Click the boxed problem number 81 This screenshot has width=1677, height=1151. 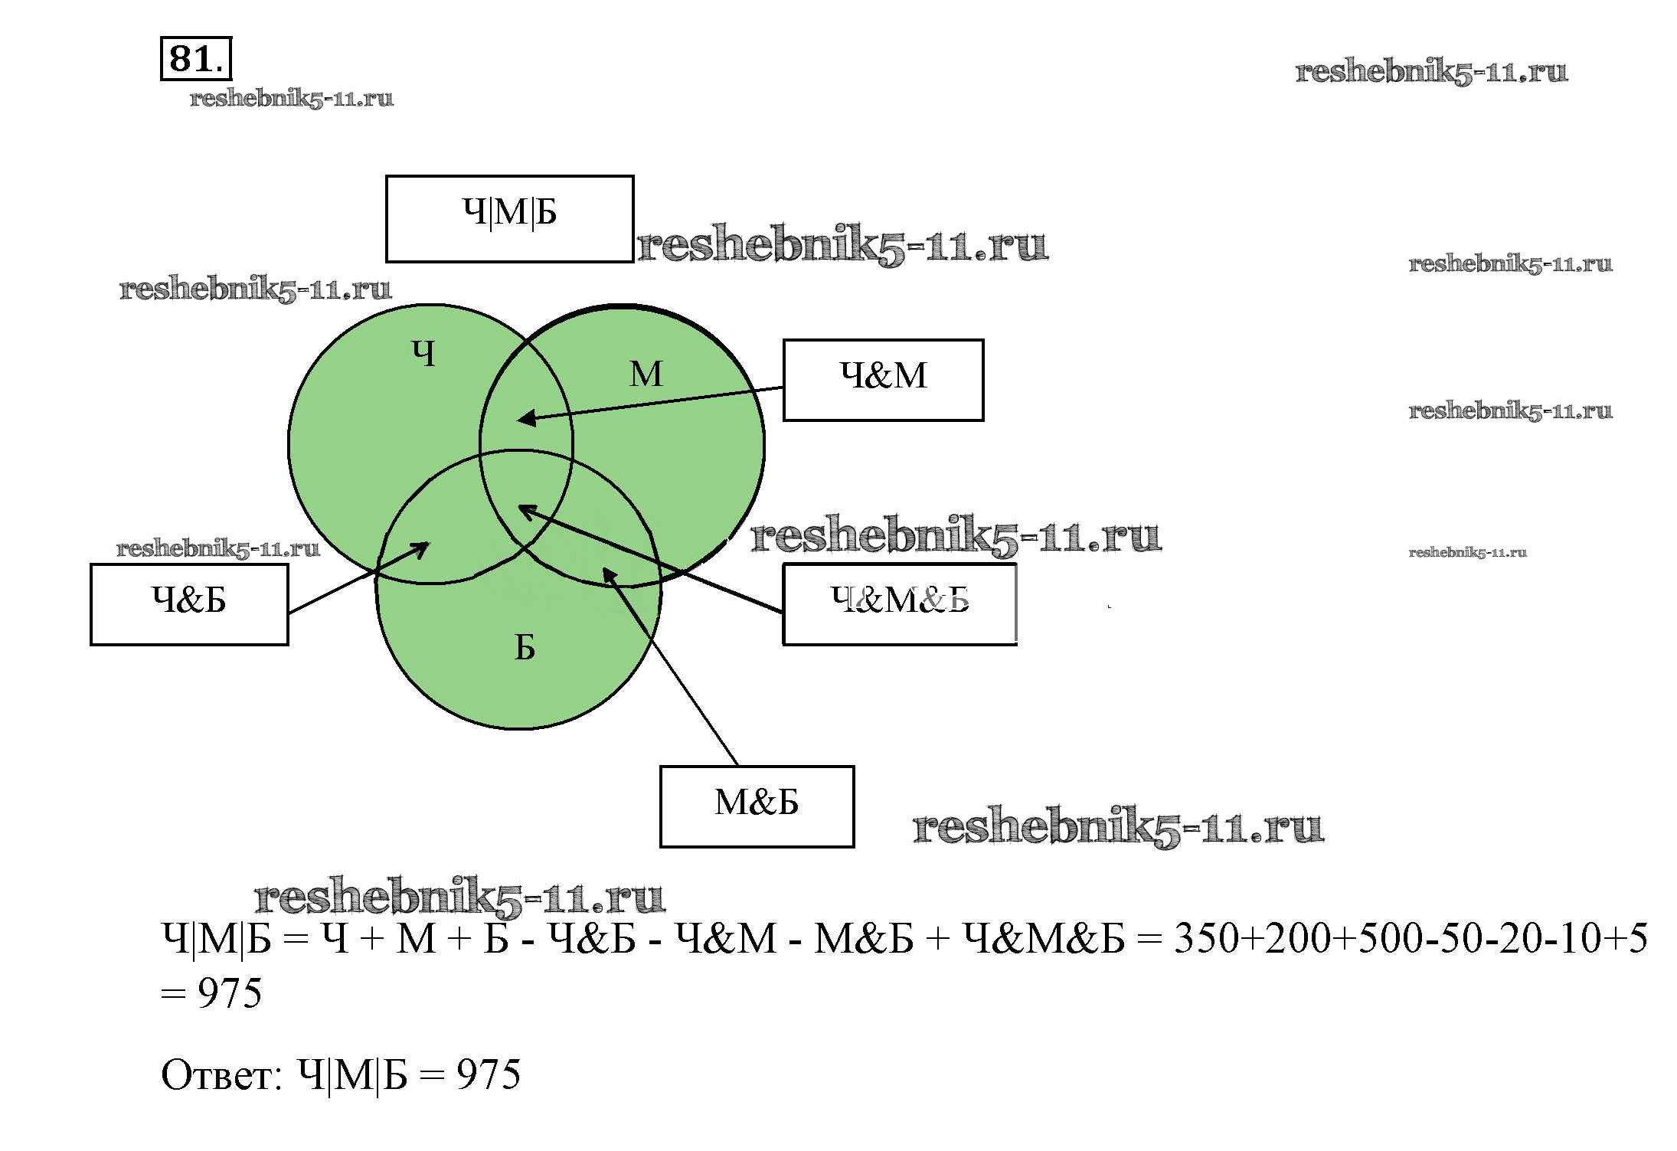pyautogui.click(x=195, y=58)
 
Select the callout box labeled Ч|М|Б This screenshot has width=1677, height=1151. pyautogui.click(x=509, y=218)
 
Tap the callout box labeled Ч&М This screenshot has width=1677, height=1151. pyautogui.click(x=883, y=380)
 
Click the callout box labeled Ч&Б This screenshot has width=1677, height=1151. pyautogui.click(x=189, y=604)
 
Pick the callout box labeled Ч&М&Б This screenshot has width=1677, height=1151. pyautogui.click(x=899, y=604)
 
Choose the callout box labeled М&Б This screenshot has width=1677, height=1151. pyautogui.click(x=757, y=806)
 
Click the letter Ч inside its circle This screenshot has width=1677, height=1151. pyautogui.click(x=423, y=354)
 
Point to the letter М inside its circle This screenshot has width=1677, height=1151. pyautogui.click(x=646, y=374)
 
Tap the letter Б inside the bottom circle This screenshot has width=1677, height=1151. pyautogui.click(x=525, y=648)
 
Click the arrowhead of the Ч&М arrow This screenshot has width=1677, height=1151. pyautogui.click(x=524, y=419)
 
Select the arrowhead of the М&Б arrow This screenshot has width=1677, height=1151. pyautogui.click(x=607, y=573)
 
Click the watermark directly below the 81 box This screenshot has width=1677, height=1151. pyautogui.click(x=292, y=99)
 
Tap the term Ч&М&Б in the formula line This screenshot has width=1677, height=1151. pyautogui.click(x=1043, y=939)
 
